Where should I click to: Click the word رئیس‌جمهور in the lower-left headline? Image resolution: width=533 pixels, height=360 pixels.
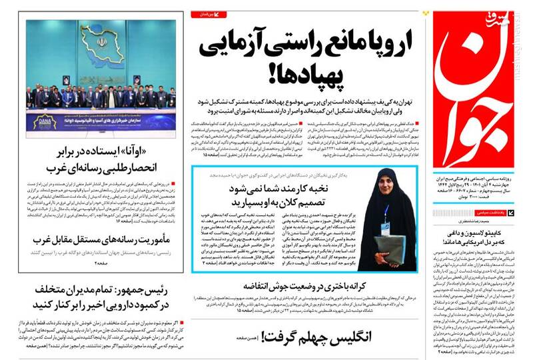[x=151, y=291]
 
